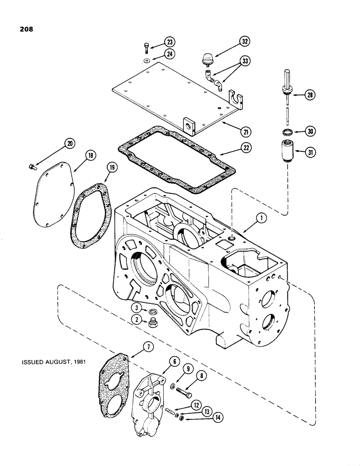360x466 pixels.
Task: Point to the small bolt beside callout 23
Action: tap(146, 47)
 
